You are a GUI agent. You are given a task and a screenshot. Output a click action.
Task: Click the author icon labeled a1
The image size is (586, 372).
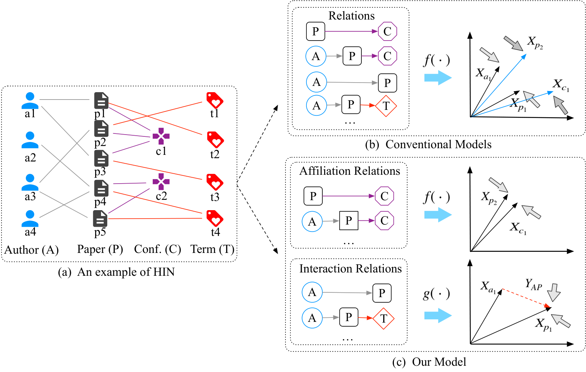coord(30,100)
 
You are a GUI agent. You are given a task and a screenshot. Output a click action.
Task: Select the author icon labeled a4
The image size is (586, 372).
coord(30,218)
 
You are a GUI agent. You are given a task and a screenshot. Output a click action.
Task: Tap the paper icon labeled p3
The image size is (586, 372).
coord(101,159)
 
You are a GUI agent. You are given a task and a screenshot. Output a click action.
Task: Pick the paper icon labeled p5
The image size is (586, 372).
coord(100,218)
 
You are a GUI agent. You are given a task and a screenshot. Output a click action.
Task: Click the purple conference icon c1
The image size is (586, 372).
coord(161,136)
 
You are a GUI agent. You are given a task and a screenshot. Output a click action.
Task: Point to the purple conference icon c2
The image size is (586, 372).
coord(161,181)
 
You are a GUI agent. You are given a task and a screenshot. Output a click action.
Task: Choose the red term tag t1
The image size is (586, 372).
coord(215,100)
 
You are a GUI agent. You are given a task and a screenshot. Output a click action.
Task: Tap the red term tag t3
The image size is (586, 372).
coord(215,182)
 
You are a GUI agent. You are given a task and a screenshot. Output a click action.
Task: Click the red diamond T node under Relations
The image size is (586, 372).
coord(386,106)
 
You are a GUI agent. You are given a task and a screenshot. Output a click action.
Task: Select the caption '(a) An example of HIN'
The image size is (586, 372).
coord(117,272)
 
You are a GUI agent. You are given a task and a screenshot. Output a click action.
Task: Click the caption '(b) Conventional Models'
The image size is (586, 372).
coord(429,145)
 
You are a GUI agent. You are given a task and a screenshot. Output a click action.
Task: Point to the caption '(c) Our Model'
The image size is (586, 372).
coord(429,362)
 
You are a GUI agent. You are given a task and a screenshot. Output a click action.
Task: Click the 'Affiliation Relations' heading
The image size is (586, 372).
coord(350,171)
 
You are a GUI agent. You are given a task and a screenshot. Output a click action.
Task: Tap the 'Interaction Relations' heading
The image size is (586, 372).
coord(351,269)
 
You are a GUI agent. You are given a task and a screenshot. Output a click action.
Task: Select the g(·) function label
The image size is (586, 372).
coord(436,294)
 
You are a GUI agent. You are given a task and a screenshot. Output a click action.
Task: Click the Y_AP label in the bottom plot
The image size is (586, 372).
coord(533,285)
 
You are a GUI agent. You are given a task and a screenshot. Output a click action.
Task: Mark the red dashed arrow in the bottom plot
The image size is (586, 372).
coord(526,299)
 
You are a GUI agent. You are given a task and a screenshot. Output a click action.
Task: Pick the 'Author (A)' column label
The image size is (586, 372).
coord(31,250)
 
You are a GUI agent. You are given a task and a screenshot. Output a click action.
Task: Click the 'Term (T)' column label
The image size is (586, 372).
coord(212,249)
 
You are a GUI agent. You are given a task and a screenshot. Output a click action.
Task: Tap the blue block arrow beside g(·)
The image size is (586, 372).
coord(438,315)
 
